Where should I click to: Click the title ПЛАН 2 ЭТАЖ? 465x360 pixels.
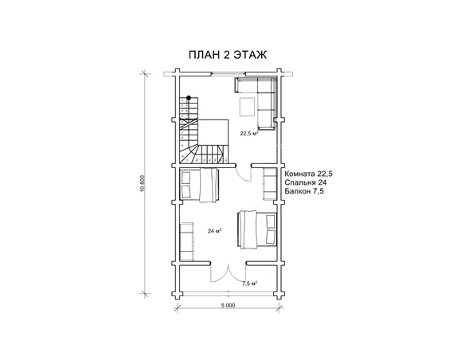pyautogui.click(x=228, y=55)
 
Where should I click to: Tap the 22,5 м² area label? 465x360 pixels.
pyautogui.click(x=248, y=134)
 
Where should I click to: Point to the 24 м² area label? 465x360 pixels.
pyautogui.click(x=215, y=231)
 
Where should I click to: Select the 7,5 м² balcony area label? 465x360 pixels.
pyautogui.click(x=249, y=284)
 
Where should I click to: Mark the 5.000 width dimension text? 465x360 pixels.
pyautogui.click(x=228, y=305)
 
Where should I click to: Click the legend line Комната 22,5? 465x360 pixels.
pyautogui.click(x=308, y=174)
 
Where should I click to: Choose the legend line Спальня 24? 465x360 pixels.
pyautogui.click(x=306, y=182)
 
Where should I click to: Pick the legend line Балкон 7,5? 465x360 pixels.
pyautogui.click(x=304, y=191)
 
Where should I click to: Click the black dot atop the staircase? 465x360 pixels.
pyautogui.click(x=189, y=97)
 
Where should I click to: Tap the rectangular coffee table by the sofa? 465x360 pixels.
pyautogui.click(x=247, y=107)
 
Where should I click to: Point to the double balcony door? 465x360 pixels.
pyautogui.click(x=228, y=274)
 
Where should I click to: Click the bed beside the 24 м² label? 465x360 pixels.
pyautogui.click(x=257, y=230)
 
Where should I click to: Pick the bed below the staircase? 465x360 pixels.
pyautogui.click(x=200, y=186)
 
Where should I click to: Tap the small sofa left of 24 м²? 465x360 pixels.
pyautogui.click(x=186, y=241)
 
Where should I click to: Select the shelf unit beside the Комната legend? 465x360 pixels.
pyautogui.click(x=270, y=183)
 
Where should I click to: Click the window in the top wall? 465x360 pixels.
pyautogui.click(x=228, y=73)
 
